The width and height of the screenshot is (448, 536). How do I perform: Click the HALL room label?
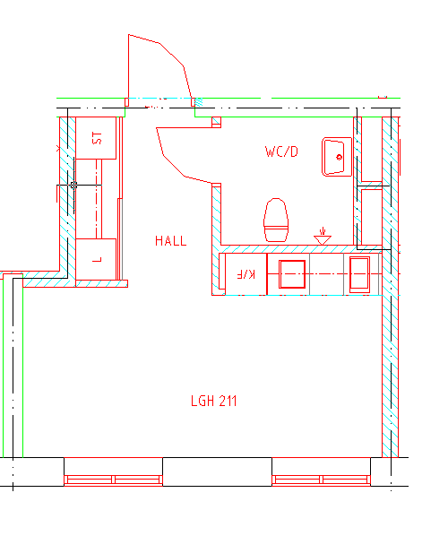pos(171,240)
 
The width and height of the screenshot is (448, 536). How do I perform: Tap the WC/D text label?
pos(281,151)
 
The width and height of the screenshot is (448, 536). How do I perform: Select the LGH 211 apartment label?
pos(213,401)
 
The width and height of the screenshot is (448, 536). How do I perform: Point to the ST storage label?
pos(97,138)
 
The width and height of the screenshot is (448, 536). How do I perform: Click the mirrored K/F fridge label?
pos(246,274)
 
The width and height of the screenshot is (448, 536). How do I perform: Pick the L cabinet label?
pos(98,260)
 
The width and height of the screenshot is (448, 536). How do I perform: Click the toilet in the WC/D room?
pos(276,220)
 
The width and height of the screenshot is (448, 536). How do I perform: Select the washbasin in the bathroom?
pos(337,157)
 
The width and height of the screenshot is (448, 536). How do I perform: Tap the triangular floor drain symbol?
pos(323,237)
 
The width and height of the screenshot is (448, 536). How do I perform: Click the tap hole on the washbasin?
pos(340,157)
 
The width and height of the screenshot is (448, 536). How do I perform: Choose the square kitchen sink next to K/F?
pos(292,274)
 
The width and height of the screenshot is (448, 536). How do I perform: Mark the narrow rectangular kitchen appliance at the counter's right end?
pos(359,274)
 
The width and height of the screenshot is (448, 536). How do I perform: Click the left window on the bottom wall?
pos(113,480)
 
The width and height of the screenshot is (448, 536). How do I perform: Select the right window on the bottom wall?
pos(322,480)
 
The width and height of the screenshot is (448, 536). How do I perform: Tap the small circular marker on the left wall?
pos(73,186)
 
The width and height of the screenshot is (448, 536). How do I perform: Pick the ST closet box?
pos(96,138)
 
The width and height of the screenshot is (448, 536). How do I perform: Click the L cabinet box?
pos(96,259)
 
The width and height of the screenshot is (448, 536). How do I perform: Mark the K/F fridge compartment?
pos(246,274)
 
